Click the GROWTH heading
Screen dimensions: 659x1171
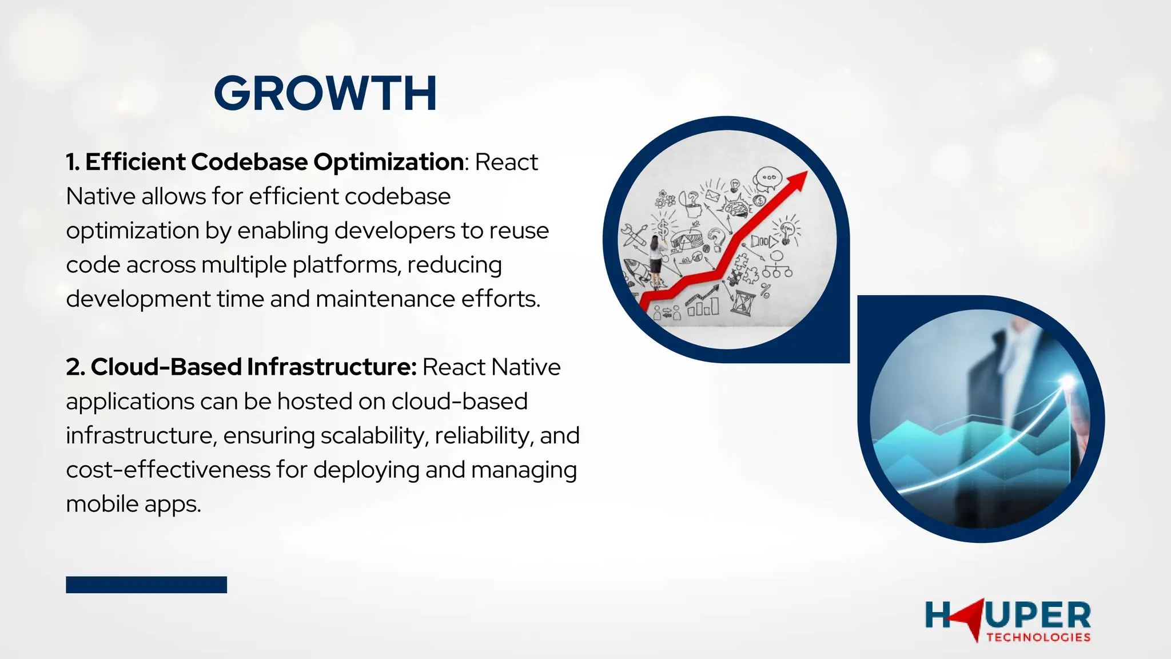pyautogui.click(x=325, y=93)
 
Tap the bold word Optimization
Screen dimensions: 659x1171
pyautogui.click(x=389, y=162)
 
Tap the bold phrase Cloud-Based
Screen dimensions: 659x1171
pyautogui.click(x=166, y=367)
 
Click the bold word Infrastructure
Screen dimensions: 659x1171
pyautogui.click(x=332, y=367)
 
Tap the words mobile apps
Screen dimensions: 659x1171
pyautogui.click(x=133, y=504)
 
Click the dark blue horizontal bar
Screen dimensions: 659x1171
pyautogui.click(x=146, y=585)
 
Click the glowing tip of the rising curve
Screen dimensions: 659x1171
pyautogui.click(x=1067, y=379)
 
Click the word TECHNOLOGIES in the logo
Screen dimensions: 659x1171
pyautogui.click(x=1038, y=637)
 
